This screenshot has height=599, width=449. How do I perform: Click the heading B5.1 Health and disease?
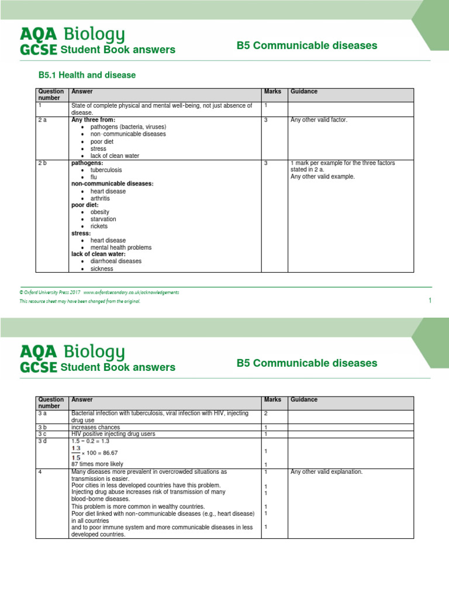click(87, 75)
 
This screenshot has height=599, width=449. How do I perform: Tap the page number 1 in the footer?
click(430, 301)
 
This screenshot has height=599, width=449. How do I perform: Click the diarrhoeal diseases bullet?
click(116, 261)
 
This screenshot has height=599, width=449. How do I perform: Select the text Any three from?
click(93, 120)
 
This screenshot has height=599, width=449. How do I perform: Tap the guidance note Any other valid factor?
click(319, 120)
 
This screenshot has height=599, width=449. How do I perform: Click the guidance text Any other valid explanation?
click(326, 471)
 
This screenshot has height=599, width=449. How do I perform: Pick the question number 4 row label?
click(40, 471)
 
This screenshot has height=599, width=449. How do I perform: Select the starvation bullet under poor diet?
click(103, 219)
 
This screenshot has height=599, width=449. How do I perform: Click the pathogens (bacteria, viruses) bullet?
click(128, 127)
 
